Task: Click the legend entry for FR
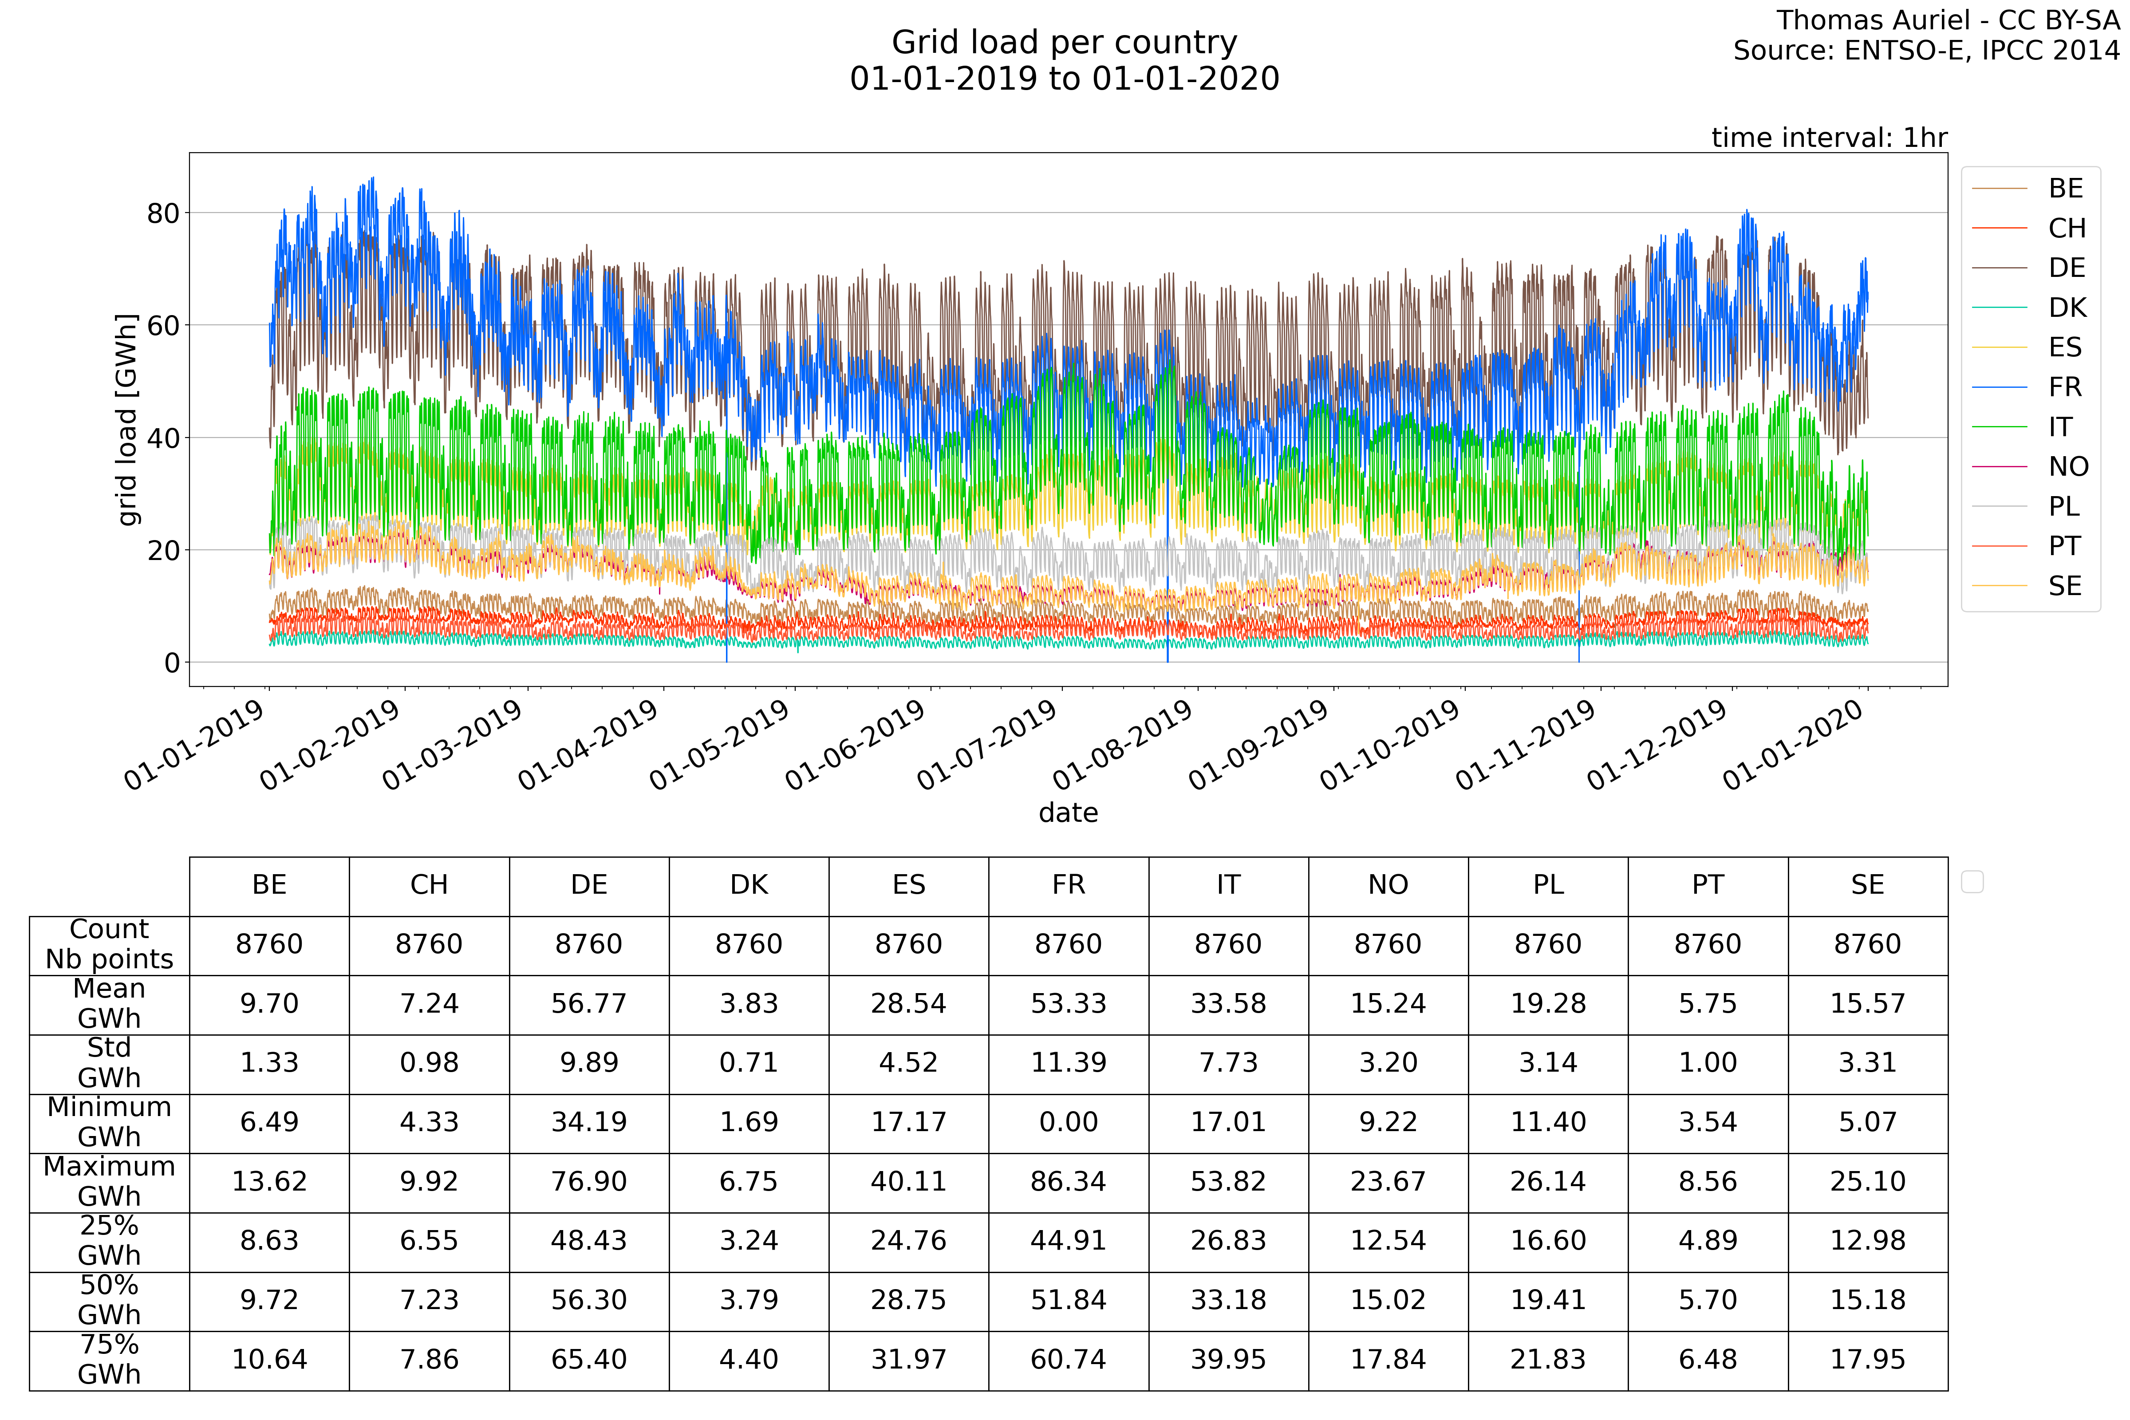(x=2065, y=387)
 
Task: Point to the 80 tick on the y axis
(x=163, y=214)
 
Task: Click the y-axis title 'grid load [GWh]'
(x=128, y=419)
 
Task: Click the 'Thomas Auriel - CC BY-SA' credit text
(x=1947, y=20)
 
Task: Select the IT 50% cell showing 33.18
(x=1228, y=1301)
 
